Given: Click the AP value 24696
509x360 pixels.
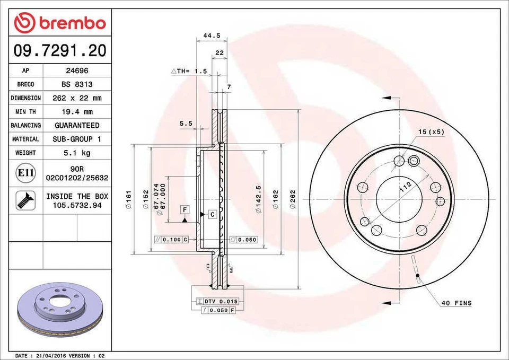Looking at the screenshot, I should click(77, 71).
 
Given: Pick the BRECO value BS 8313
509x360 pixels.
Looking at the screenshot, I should click(77, 84).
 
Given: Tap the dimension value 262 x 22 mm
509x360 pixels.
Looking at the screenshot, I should click(77, 98).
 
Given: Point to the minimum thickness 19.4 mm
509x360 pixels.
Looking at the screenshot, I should click(77, 112).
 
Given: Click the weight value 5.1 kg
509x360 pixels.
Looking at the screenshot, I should click(77, 153).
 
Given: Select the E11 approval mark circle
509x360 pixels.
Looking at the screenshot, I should click(26, 173).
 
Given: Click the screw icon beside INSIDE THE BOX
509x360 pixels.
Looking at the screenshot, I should click(26, 200).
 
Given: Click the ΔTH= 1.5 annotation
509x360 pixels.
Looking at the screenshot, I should click(189, 71).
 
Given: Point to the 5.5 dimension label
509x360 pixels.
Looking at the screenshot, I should click(186, 123).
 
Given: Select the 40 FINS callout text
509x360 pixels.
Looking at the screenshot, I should click(456, 303).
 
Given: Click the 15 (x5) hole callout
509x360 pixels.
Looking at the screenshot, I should click(431, 131).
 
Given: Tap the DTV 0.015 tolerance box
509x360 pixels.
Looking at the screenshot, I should click(217, 301).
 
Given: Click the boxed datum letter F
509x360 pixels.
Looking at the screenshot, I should click(185, 208).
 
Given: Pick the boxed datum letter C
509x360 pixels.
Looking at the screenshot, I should click(212, 215).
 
